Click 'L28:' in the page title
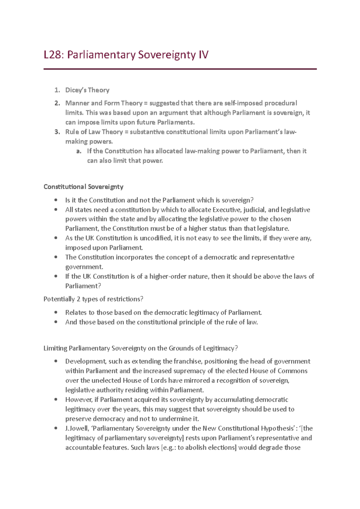(x=54, y=55)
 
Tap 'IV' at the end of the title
(x=203, y=55)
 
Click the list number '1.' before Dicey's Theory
(x=57, y=90)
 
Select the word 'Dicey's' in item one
(x=76, y=90)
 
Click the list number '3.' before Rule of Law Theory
(x=57, y=132)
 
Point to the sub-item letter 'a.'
(x=79, y=151)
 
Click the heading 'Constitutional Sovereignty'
(x=83, y=187)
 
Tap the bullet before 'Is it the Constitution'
(x=56, y=200)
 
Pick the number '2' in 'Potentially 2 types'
(x=79, y=299)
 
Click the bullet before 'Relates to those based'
(x=56, y=312)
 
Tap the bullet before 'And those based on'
(x=56, y=322)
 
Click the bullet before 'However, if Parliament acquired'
(x=56, y=400)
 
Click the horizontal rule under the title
(x=180, y=69)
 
